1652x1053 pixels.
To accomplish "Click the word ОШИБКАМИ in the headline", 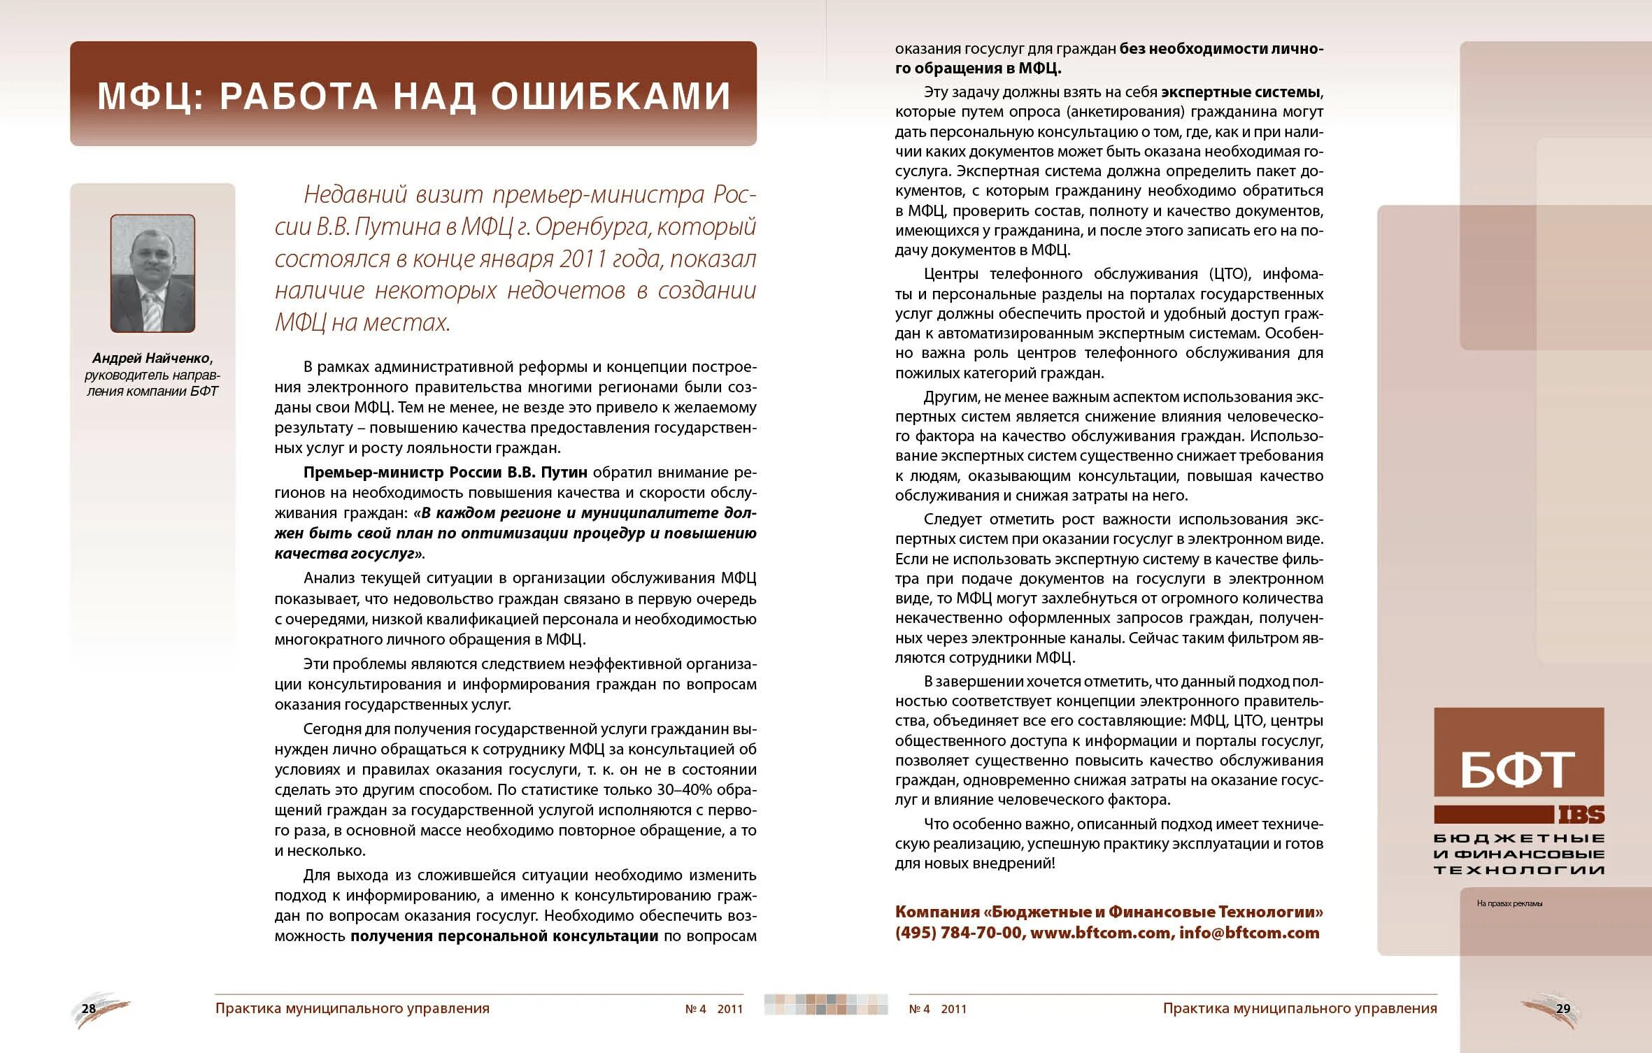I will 611,96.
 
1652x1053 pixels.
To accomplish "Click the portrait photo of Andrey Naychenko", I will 152,273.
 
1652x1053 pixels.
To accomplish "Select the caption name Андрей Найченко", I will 152,359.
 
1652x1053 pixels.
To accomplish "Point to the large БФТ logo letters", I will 1518,770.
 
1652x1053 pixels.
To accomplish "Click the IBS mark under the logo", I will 1581,815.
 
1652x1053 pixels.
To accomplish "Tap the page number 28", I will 89,1008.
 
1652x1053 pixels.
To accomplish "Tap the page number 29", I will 1563,1008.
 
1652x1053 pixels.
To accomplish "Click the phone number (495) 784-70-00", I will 958,933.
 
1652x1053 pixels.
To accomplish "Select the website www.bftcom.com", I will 1100,933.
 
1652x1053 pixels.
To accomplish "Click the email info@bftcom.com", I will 1249,933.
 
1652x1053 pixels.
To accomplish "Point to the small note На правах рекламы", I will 1509,903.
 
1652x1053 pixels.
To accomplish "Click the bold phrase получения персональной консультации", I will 504,936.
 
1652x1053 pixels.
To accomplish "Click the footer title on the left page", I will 352,1008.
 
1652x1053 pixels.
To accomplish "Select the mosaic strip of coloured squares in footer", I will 826,1004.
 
